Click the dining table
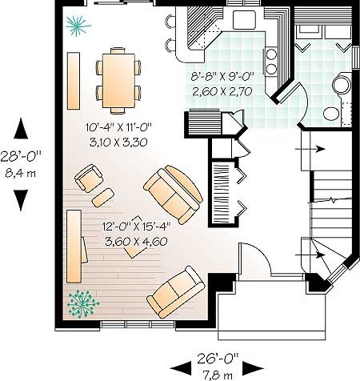click(118, 81)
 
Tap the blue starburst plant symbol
click(78, 26)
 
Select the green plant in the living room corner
click(82, 304)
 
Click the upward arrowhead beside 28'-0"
click(21, 128)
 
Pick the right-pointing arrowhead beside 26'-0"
click(253, 368)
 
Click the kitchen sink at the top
click(245, 20)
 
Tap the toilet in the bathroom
click(341, 84)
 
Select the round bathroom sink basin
click(331, 114)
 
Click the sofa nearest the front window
click(176, 292)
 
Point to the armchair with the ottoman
click(89, 178)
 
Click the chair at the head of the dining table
click(118, 50)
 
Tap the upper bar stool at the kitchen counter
click(170, 21)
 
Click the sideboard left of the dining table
click(74, 81)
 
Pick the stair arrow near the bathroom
click(310, 149)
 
